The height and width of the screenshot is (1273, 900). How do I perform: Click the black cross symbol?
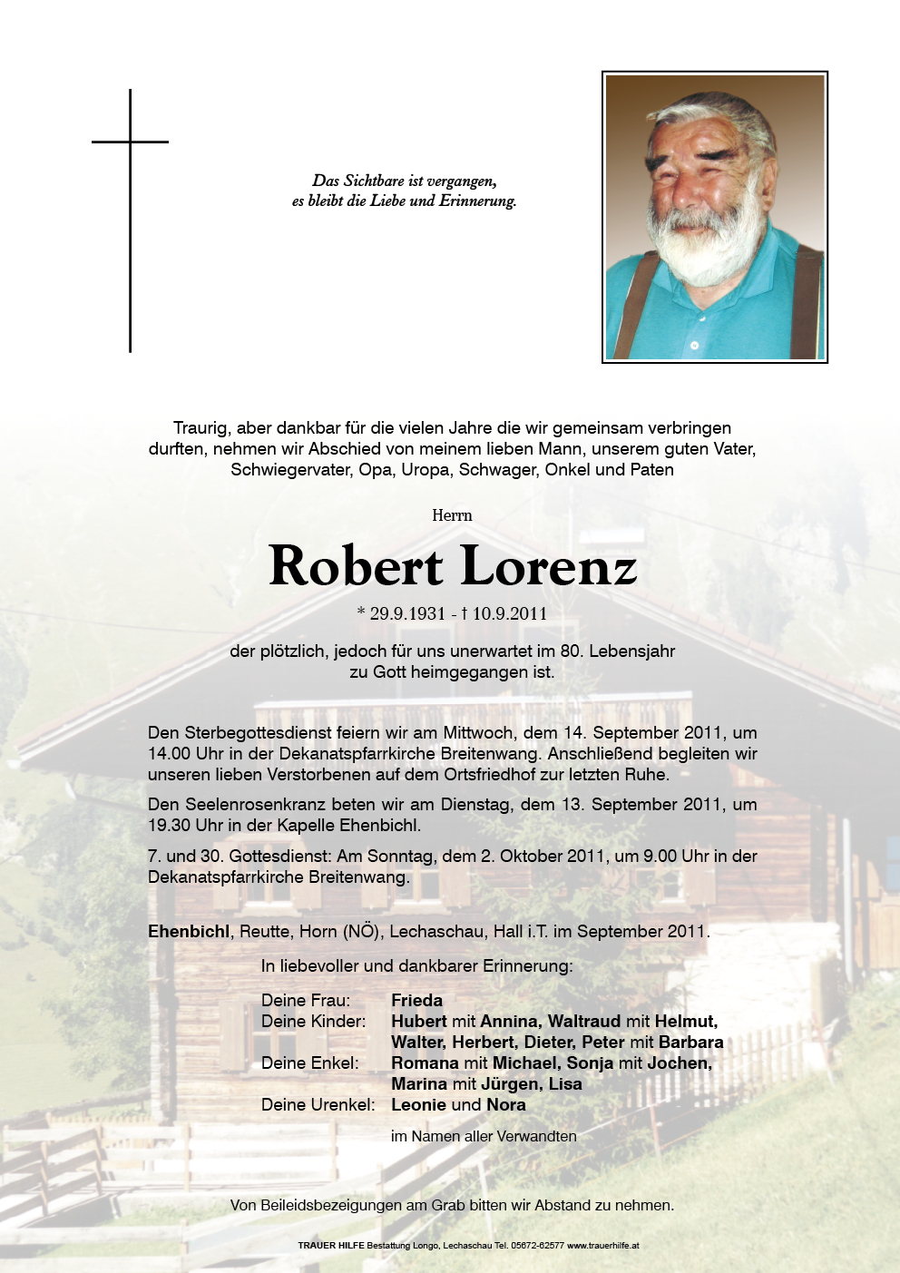[x=130, y=181]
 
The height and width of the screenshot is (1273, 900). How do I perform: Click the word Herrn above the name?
[x=452, y=515]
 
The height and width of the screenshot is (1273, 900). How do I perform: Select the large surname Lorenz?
[x=549, y=566]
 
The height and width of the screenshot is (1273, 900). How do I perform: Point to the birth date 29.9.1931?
[x=407, y=613]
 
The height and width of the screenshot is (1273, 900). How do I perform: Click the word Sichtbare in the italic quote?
[x=374, y=181]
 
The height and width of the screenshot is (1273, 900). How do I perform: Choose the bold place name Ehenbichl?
[x=189, y=931]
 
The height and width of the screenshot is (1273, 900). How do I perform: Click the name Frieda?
[x=416, y=1000]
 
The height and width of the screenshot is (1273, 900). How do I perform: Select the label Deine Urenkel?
[x=318, y=1104]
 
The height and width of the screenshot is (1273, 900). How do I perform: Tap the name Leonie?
[x=418, y=1104]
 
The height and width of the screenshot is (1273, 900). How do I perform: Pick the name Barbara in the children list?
[x=690, y=1042]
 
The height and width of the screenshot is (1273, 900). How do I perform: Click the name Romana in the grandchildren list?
[x=425, y=1062]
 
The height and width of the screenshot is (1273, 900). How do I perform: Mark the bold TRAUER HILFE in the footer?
[x=330, y=1246]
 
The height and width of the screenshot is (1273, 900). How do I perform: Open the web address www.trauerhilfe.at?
[x=603, y=1246]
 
